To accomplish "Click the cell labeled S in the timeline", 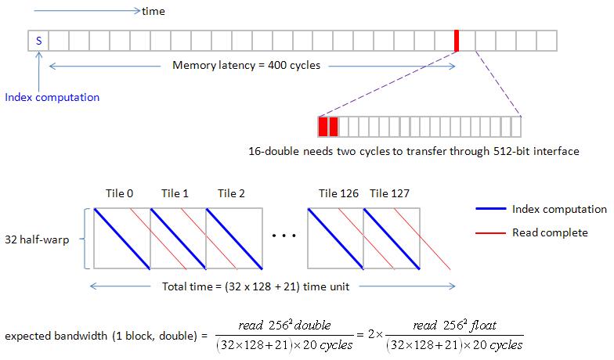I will [38, 40].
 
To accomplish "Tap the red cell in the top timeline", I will [456, 40].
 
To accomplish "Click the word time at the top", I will [153, 12].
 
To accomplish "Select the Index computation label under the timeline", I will [52, 98].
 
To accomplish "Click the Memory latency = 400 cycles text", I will [246, 65].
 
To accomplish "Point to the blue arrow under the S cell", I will [38, 70].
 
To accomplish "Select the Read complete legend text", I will [550, 233].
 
